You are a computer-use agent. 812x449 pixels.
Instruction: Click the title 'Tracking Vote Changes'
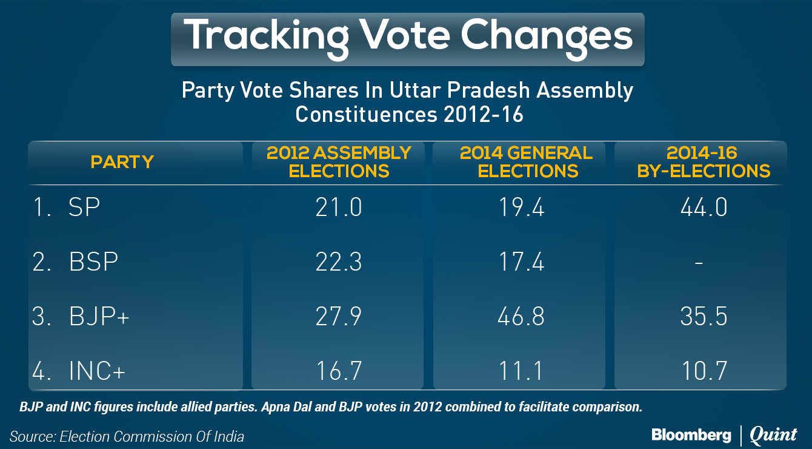coord(407,36)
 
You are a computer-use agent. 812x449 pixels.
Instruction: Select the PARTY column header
coord(122,162)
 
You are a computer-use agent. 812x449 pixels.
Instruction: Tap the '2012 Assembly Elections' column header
coord(339,162)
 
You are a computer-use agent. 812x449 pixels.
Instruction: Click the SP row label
coord(84,208)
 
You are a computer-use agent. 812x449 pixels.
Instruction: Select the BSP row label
coord(93,263)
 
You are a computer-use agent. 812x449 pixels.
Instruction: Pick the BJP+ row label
coord(99,317)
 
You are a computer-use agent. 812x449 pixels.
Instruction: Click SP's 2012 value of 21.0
coord(339,208)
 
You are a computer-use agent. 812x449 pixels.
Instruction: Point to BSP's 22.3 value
coord(339,263)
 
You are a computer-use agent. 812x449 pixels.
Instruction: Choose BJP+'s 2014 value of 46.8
coord(520,317)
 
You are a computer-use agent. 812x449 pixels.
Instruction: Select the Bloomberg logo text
coord(691,435)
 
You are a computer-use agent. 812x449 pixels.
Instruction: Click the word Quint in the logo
coord(773,435)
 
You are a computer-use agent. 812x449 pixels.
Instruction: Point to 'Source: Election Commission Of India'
coord(127,436)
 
